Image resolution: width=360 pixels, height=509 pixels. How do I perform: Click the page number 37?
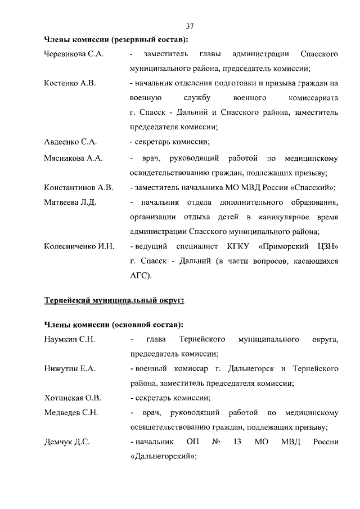(190, 26)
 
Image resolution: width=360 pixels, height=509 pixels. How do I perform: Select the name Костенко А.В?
(70, 83)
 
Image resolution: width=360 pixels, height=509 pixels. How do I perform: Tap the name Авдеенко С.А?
(70, 142)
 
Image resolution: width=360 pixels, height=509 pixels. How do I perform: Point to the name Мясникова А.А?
(73, 159)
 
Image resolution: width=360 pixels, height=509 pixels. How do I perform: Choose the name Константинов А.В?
(79, 188)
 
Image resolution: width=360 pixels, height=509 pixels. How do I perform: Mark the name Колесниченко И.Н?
(79, 246)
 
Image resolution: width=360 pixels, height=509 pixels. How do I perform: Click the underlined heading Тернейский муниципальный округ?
(114, 300)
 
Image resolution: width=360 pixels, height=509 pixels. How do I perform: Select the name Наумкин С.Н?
(69, 340)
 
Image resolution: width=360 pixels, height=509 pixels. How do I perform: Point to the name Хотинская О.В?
(73, 398)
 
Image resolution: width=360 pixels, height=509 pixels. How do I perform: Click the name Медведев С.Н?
(71, 413)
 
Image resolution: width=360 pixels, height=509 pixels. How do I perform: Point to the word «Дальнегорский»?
(163, 457)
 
